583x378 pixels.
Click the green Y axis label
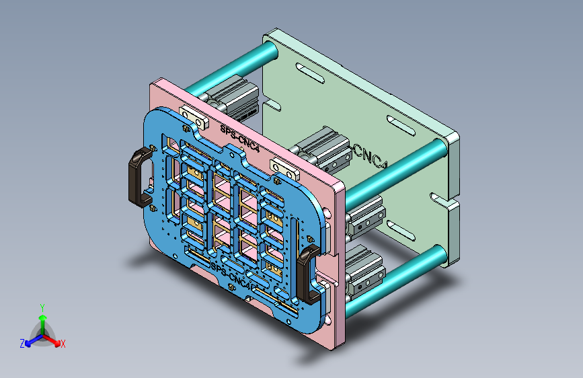[x=42, y=307]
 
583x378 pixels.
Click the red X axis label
[x=63, y=344]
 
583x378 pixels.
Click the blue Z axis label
[x=22, y=344]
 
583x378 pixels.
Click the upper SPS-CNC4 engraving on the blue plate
[x=239, y=139]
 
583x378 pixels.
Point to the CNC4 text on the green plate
[x=371, y=157]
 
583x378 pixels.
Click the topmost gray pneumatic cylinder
[x=237, y=99]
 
